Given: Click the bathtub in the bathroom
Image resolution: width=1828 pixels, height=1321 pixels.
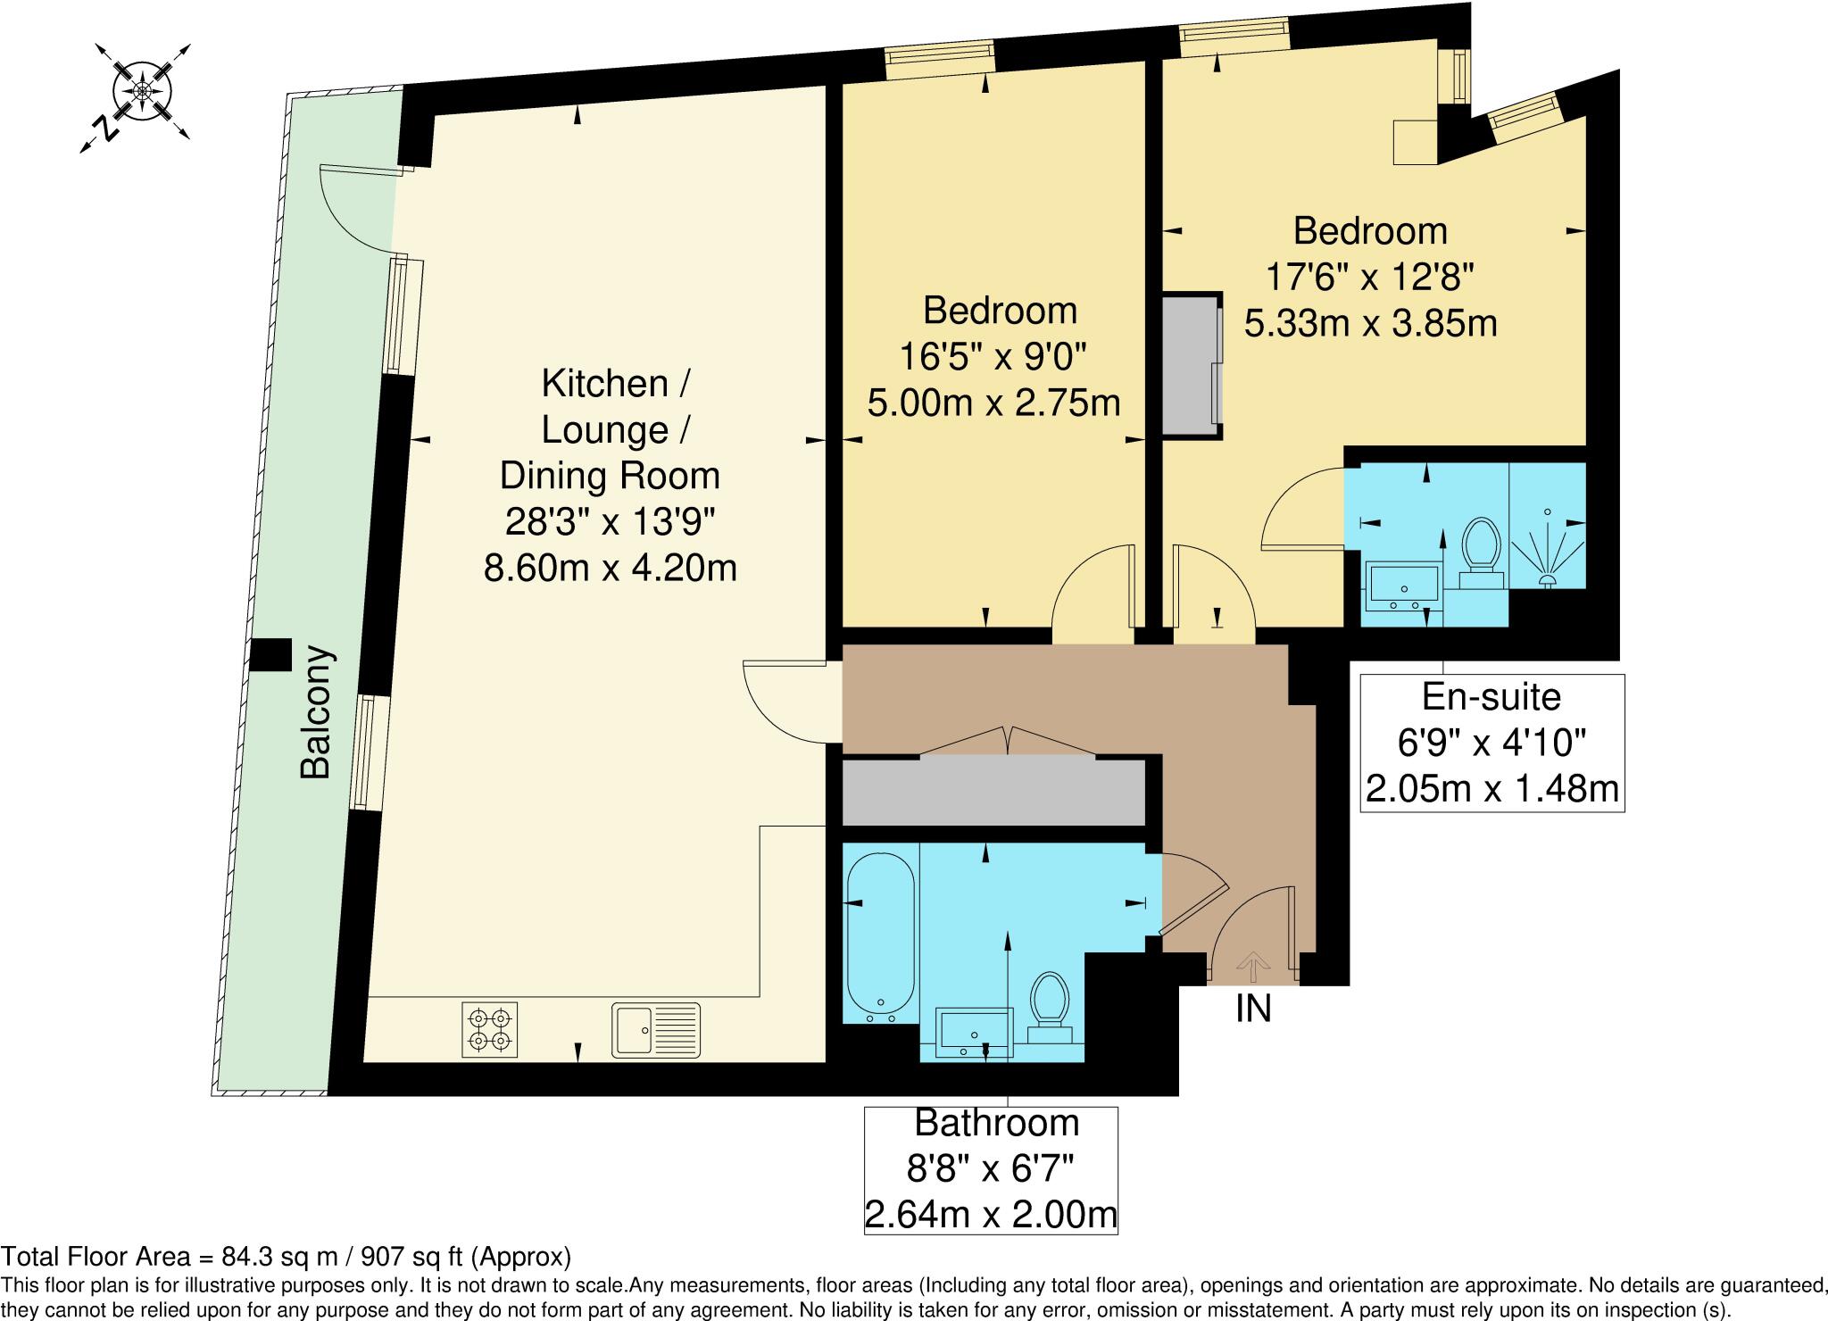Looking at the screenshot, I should point(880,936).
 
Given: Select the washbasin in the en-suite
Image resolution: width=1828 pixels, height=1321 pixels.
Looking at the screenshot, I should point(1403,586).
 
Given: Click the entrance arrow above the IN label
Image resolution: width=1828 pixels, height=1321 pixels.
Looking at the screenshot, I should point(1253,965).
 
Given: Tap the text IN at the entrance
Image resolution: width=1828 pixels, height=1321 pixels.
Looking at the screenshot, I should point(1253,1009).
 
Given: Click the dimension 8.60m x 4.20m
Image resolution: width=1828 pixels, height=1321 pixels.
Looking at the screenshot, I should point(610,568).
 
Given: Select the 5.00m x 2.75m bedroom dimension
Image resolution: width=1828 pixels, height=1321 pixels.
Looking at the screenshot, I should point(993,403).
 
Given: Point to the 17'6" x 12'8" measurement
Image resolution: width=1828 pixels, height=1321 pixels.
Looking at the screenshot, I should point(1369,277).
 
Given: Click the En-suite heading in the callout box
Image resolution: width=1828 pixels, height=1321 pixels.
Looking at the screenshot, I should point(1491,696).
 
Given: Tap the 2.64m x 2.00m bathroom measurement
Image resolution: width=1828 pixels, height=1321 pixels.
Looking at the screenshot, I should point(991,1214).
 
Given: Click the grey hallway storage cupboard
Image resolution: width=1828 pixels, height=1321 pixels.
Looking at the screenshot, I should point(993,792).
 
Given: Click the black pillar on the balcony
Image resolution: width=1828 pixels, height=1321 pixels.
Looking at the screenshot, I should point(270,654).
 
